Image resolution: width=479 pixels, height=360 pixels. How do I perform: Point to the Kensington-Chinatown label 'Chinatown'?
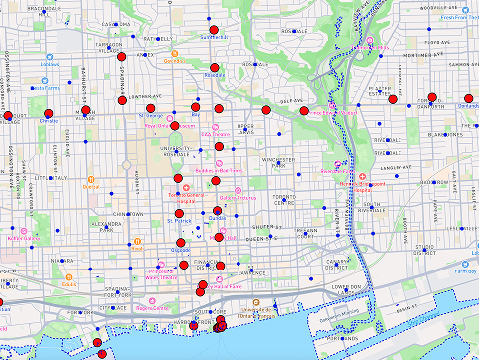(x=131, y=214)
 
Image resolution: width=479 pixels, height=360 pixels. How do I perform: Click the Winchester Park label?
(x=269, y=161)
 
